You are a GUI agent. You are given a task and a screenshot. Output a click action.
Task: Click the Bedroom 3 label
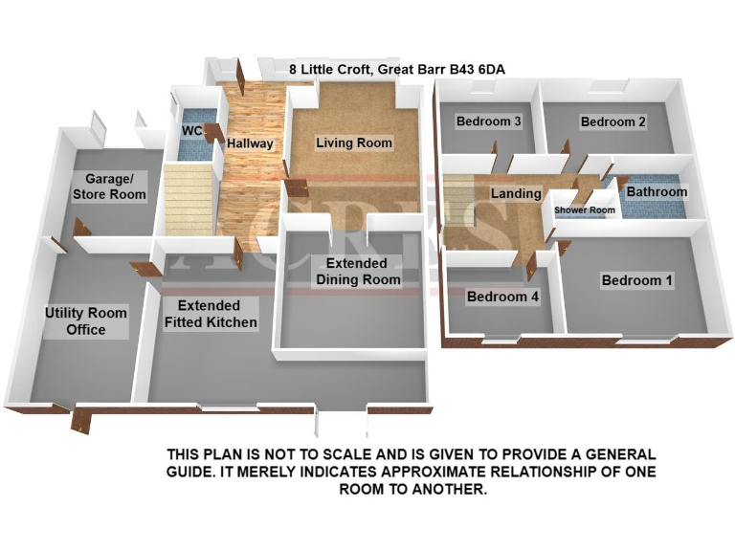[x=488, y=121]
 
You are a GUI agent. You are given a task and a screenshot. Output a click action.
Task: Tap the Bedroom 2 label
[x=612, y=121]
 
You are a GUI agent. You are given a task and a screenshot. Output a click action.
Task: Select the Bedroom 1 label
[x=636, y=280]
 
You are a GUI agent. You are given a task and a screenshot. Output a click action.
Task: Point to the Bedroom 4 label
[x=502, y=298]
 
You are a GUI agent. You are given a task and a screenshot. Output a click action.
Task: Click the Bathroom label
[x=657, y=191]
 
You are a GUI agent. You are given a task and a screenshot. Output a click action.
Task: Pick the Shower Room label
[x=585, y=210]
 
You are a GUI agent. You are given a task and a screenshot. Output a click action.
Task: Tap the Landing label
[x=516, y=193]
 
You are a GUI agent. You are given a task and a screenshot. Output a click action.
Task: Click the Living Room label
[x=354, y=143]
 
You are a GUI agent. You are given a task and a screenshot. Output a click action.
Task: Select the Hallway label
[x=250, y=143]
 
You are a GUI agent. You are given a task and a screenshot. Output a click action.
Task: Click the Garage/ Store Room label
[x=116, y=187]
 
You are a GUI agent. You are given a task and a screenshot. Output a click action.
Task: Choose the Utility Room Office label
[x=86, y=321]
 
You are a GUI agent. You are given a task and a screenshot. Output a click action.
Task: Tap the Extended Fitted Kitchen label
[x=211, y=314]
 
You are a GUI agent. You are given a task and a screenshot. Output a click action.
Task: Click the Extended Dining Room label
[x=356, y=271]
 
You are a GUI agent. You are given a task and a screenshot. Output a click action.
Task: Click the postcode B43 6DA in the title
[x=474, y=69]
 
